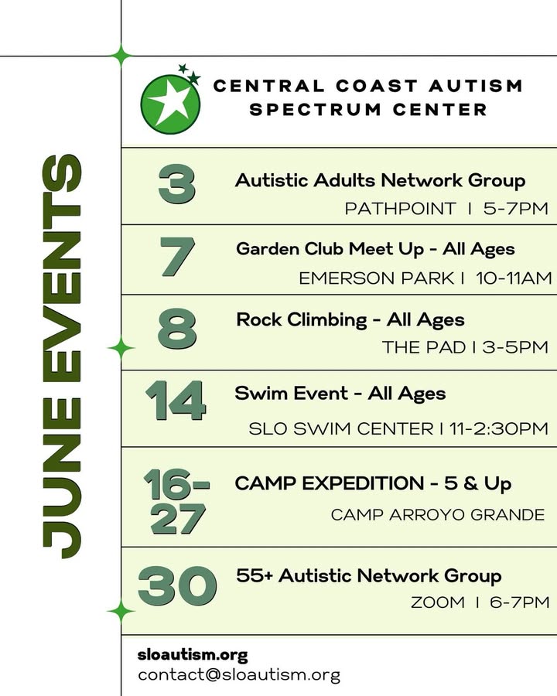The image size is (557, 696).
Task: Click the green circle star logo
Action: [170, 104]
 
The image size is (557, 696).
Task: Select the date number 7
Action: [178, 257]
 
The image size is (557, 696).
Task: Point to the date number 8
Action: [177, 329]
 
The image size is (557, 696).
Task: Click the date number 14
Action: [176, 401]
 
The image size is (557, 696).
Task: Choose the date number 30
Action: [177, 586]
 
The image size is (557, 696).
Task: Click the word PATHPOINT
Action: [400, 208]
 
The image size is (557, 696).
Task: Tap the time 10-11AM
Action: [514, 278]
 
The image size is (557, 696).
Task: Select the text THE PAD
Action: [424, 347]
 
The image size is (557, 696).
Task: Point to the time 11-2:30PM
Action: [499, 428]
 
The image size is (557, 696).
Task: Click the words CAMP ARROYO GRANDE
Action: [438, 515]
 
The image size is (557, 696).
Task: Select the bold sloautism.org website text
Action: [193, 655]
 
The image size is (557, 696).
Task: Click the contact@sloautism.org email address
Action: [239, 675]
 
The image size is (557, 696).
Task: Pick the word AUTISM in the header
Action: [475, 86]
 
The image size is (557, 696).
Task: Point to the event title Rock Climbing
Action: [302, 319]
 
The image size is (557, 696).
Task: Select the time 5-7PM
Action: [516, 208]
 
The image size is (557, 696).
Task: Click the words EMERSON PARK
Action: [376, 278]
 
